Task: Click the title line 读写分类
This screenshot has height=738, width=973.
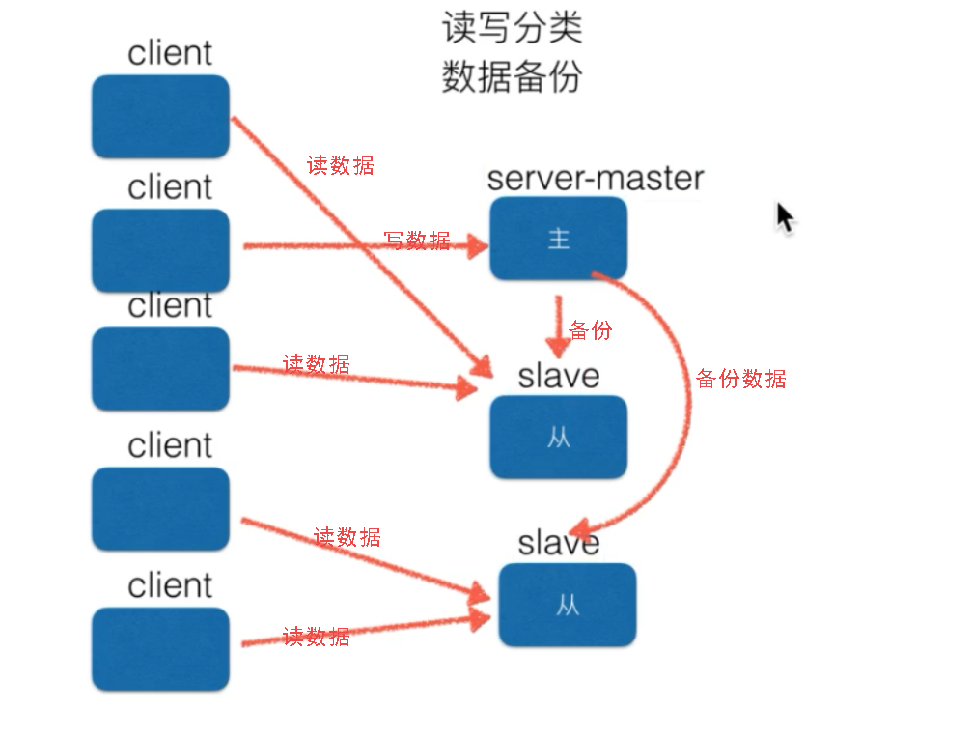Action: (512, 28)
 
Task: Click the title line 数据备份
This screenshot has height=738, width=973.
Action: (512, 76)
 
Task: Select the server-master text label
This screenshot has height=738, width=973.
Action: (596, 178)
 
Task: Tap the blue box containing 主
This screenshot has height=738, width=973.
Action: (558, 239)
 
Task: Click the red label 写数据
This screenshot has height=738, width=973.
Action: (417, 241)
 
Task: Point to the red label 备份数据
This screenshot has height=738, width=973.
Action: (740, 379)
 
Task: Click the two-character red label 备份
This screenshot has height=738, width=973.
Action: (590, 330)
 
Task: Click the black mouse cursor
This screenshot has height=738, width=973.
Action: (785, 217)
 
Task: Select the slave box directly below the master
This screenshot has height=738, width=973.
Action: (558, 437)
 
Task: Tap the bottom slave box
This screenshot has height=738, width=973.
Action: (568, 605)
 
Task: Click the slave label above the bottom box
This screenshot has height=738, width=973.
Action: (559, 542)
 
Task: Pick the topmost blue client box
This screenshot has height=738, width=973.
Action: (160, 117)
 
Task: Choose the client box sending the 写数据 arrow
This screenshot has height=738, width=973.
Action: (160, 250)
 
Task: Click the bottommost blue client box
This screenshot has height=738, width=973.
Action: (160, 648)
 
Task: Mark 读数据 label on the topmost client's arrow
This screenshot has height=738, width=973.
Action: (340, 165)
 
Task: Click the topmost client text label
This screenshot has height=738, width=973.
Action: (170, 53)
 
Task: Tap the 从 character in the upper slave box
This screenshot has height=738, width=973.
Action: (558, 437)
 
